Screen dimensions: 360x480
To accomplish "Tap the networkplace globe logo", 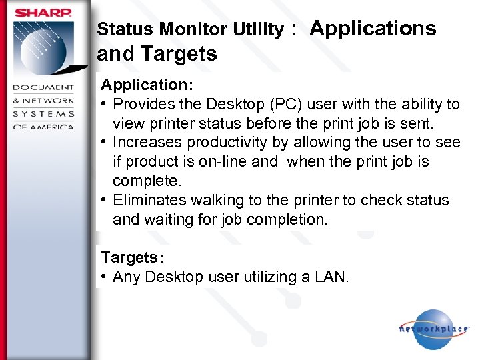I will (434, 329).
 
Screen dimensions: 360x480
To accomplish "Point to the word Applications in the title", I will (373, 28).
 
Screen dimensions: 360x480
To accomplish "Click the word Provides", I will (143, 105).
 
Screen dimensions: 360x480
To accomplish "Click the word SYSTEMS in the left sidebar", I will (44, 113).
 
